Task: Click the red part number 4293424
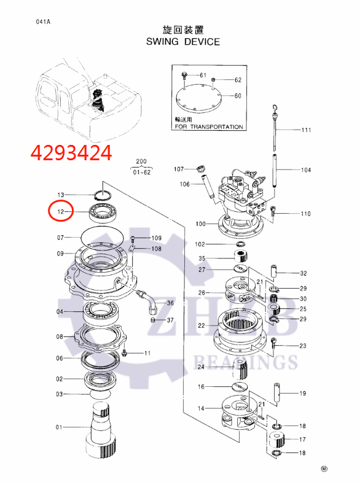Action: coord(72,152)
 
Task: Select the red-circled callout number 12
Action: coord(61,212)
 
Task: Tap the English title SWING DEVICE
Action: coord(182,42)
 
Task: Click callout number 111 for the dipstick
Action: coord(305,130)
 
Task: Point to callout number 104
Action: coord(305,169)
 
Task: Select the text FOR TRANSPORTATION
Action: coord(208,126)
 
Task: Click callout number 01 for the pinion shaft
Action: coord(60,427)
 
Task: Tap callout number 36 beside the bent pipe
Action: coord(170,303)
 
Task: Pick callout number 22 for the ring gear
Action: coord(201,325)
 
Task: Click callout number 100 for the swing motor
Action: coord(200,224)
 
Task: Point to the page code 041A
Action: coord(42,22)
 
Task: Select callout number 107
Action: coord(179,169)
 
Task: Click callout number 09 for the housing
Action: coord(60,254)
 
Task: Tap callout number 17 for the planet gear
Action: coord(302,439)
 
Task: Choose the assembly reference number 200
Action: coord(142,161)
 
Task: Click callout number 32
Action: coord(303,273)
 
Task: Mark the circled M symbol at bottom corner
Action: coord(324,468)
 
